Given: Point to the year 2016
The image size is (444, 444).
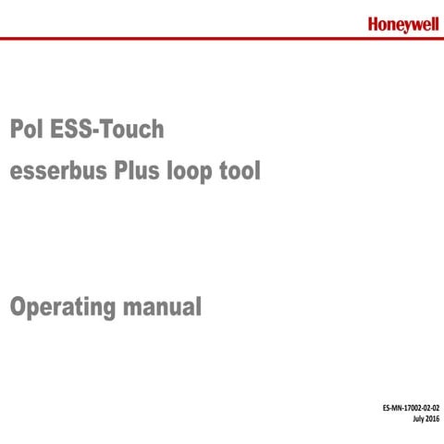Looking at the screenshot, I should pos(432,420).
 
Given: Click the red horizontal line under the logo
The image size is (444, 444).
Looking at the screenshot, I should pos(222,39).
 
